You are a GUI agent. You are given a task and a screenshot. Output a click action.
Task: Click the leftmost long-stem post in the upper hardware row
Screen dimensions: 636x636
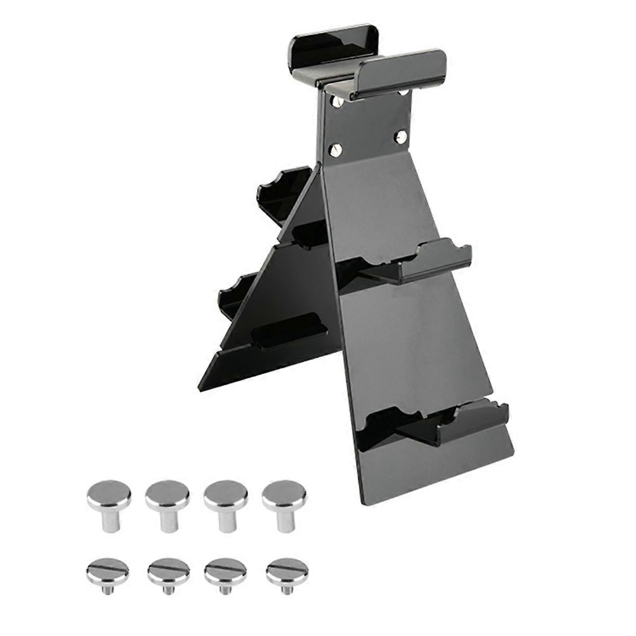(109, 503)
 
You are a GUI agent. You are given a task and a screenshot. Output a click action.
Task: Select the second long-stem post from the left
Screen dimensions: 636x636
(167, 503)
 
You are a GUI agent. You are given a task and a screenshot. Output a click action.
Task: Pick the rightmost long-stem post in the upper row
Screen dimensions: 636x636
(285, 503)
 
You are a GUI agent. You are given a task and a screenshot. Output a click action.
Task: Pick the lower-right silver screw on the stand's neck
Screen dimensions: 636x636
(401, 138)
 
